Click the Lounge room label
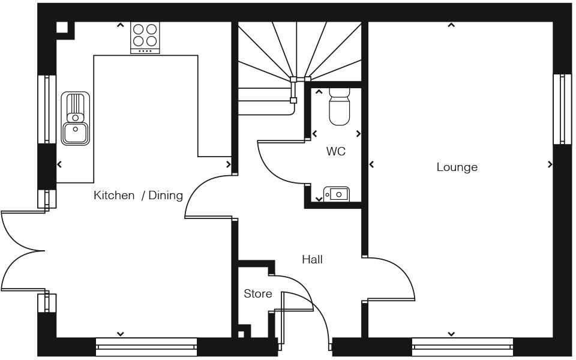(x=457, y=167)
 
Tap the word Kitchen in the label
(x=114, y=195)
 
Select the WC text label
(x=335, y=151)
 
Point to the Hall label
(x=312, y=259)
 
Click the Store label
(x=257, y=293)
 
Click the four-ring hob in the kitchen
(x=145, y=35)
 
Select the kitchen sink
(x=76, y=118)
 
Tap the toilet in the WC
(x=339, y=107)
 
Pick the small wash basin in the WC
(x=337, y=194)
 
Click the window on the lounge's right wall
(x=562, y=109)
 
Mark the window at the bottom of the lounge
(x=462, y=346)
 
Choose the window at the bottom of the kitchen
(x=146, y=346)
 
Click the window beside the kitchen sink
(x=47, y=109)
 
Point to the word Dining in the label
(x=165, y=195)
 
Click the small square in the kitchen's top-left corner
(x=62, y=28)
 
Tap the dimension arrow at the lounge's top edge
(x=451, y=25)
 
